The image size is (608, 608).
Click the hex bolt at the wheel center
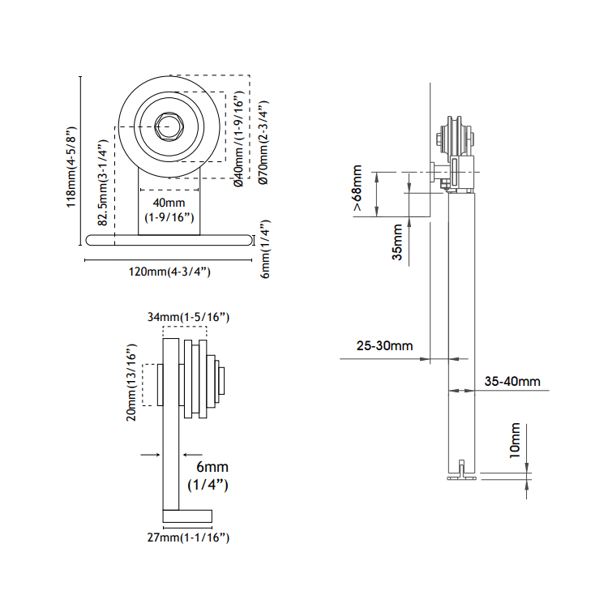tap(169, 126)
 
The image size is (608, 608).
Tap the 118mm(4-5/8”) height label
tap(71, 167)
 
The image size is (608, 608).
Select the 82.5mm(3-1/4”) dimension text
tap(102, 182)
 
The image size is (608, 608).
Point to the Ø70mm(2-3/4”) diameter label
tap(263, 143)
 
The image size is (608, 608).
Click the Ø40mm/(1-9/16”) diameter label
tap(239, 139)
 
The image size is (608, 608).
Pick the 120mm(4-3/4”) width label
tap(169, 272)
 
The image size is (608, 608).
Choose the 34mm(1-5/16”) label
tap(188, 317)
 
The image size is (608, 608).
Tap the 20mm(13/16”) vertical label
tap(132, 382)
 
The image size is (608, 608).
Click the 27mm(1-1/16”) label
tap(188, 537)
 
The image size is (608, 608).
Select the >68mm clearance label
tap(358, 188)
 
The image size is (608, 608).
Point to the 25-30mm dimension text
tap(384, 345)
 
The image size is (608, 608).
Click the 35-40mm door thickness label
tap(512, 381)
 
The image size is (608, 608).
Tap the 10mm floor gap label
tap(515, 440)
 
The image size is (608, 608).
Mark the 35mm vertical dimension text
tap(397, 242)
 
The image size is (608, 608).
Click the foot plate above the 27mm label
tap(187, 516)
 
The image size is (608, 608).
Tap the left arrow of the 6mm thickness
tap(151, 455)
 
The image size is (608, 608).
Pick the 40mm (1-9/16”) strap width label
tap(169, 210)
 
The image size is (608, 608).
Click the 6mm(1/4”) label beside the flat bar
tap(264, 249)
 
